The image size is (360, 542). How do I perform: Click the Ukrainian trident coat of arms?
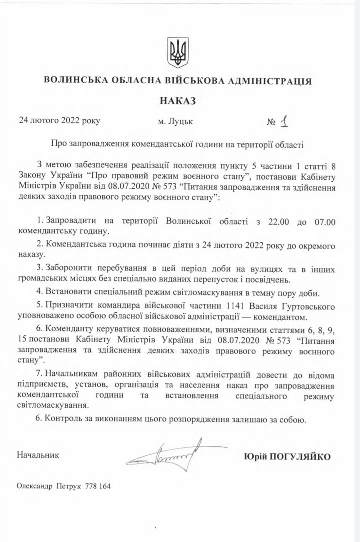178,52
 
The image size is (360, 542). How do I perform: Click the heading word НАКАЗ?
178,101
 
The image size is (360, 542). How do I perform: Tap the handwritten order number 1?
284,122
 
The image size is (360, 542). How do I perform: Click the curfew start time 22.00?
278,222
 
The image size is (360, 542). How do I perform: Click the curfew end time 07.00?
325,222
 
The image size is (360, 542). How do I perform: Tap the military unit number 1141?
235,306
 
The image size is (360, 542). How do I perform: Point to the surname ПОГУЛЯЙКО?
300,456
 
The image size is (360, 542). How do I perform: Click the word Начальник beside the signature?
38,455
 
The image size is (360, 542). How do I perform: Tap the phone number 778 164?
98,486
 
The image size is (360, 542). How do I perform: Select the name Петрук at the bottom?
68,486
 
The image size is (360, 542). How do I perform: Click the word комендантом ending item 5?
280,317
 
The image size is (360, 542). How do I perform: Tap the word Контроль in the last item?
64,418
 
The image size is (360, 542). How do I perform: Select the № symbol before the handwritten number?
271,122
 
